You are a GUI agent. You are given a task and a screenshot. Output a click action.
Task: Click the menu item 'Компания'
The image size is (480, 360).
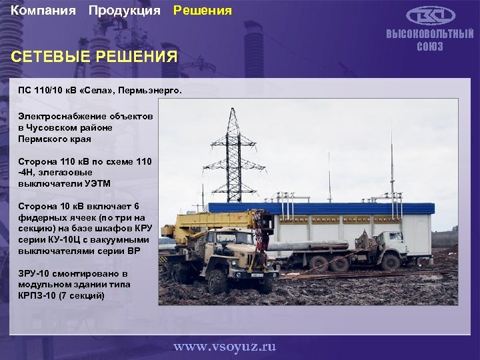point(43,11)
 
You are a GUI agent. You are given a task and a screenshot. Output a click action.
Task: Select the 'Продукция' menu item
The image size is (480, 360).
point(125,11)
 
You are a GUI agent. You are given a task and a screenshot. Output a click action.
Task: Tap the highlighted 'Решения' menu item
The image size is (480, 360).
point(203,11)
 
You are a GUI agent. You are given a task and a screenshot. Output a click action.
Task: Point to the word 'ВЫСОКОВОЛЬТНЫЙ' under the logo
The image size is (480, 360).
point(430,35)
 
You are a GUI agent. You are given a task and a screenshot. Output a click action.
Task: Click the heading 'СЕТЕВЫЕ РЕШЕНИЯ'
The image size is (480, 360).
point(95,57)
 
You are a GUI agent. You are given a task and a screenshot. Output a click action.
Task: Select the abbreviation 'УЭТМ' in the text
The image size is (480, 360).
point(97,183)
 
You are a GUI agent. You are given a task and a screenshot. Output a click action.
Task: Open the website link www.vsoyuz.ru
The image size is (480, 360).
point(225,346)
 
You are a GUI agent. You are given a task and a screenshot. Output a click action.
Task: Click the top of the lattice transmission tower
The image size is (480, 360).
point(233,112)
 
